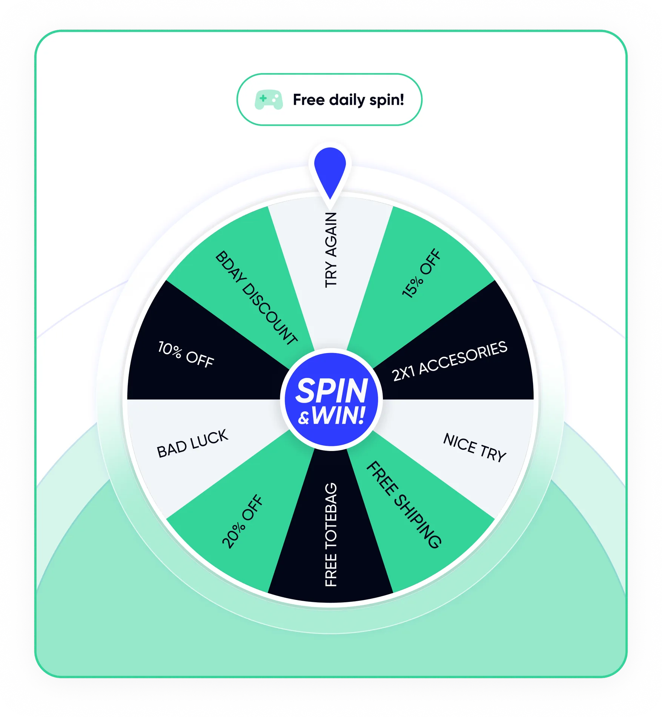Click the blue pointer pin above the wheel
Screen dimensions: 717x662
coord(330,170)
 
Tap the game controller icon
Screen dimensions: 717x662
coord(269,100)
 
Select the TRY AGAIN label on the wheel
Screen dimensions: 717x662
coord(331,250)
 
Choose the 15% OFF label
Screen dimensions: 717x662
coord(421,274)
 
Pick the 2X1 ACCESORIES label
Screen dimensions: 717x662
coord(450,361)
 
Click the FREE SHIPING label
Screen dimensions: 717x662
coord(404,505)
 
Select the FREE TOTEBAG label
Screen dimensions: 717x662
coord(331,535)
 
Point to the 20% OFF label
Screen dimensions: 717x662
coord(243,521)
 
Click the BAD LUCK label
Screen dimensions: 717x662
coord(192,443)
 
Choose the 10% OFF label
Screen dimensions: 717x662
coord(186,354)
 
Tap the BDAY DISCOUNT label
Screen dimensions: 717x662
coord(256,298)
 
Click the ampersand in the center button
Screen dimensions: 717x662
coord(304,419)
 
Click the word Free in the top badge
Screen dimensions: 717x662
coord(309,100)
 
